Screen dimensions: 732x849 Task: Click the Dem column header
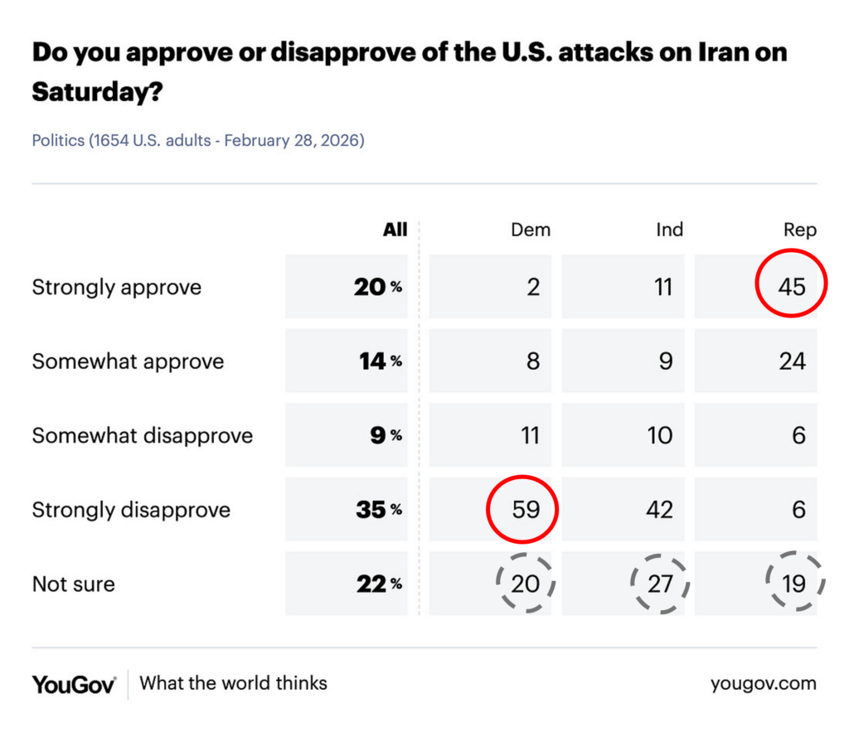click(530, 230)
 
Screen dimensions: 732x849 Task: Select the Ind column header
click(668, 230)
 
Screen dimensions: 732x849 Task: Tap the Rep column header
click(799, 230)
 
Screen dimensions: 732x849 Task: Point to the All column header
click(395, 230)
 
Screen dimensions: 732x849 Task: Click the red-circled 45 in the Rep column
click(792, 287)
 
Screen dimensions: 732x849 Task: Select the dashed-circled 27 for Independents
click(660, 584)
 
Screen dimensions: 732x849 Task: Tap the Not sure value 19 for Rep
click(793, 584)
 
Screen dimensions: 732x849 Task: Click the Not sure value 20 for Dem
click(526, 584)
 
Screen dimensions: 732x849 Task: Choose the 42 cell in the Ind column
click(660, 509)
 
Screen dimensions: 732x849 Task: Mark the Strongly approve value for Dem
click(533, 287)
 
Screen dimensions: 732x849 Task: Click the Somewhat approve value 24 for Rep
click(792, 361)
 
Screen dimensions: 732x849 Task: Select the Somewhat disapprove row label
click(142, 435)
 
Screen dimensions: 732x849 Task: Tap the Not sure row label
click(73, 584)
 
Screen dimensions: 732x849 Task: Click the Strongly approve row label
click(116, 288)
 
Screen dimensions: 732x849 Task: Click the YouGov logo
click(74, 684)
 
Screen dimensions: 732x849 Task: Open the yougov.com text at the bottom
click(763, 684)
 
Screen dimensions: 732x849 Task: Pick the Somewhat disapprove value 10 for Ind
click(660, 435)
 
